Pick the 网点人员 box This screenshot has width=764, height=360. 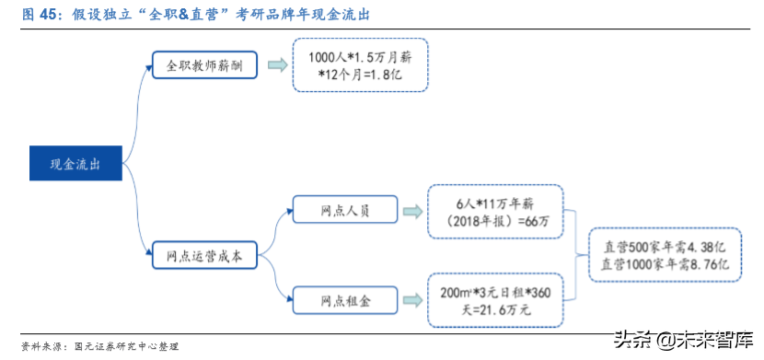[344, 209]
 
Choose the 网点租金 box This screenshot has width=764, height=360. [344, 299]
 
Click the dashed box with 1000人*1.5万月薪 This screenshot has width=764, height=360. [360, 64]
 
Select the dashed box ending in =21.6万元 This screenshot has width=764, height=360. [495, 300]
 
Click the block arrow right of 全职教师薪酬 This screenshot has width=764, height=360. [275, 64]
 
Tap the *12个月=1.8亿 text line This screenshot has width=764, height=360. [360, 74]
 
